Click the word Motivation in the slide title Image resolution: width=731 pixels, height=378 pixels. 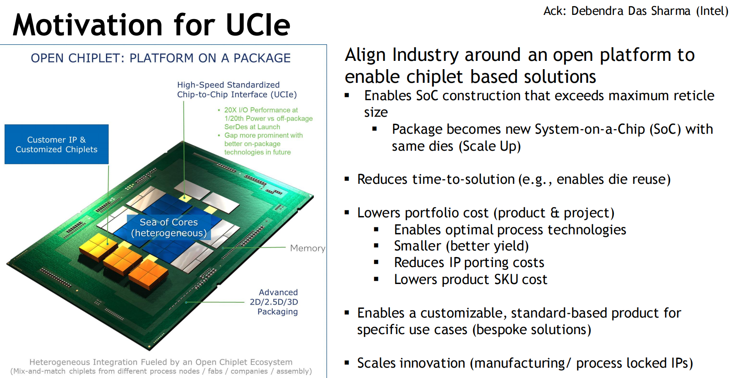click(88, 25)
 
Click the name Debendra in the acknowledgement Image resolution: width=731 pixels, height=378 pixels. click(597, 11)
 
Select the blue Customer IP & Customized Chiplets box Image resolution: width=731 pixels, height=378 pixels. click(57, 144)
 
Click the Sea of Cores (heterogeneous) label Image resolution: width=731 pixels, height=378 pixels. click(169, 228)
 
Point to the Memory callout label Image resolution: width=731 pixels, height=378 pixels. click(308, 248)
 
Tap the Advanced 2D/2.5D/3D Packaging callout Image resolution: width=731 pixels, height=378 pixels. click(274, 302)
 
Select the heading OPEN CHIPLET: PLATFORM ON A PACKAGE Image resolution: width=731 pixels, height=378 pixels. click(161, 58)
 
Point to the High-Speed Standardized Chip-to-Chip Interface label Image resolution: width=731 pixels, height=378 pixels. click(237, 89)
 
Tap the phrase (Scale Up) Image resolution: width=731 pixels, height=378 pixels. click(489, 146)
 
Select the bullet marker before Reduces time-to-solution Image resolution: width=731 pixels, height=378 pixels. click(347, 179)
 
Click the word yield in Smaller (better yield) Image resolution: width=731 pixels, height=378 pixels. click(509, 246)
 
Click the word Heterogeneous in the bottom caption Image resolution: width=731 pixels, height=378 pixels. click(60, 362)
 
